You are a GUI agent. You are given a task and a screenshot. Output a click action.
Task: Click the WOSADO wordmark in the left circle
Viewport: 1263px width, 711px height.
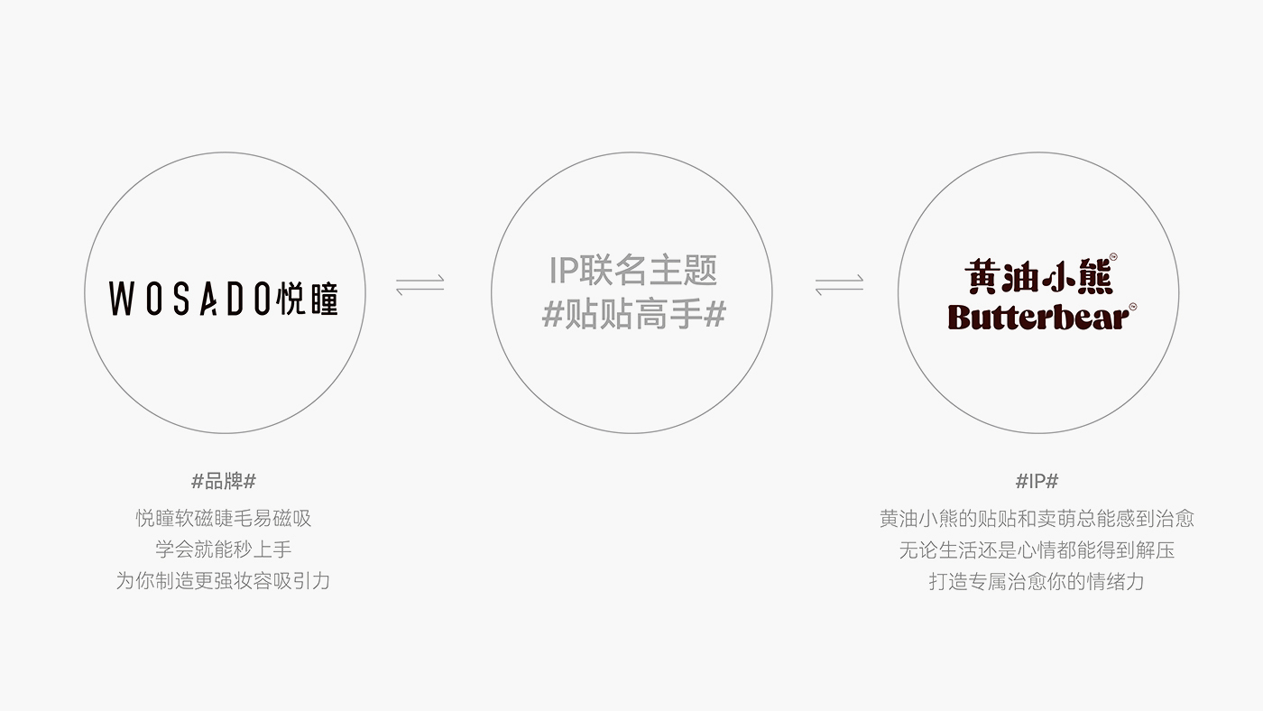(190, 299)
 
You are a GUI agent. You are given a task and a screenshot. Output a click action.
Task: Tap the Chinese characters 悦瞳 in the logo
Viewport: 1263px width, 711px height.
(308, 299)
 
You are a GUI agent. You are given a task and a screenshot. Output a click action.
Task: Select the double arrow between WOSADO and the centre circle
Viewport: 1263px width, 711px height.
(420, 285)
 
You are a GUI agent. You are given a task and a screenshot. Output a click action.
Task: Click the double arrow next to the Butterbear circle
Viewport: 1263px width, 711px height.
(839, 285)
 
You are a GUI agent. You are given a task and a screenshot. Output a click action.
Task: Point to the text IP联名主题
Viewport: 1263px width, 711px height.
(632, 270)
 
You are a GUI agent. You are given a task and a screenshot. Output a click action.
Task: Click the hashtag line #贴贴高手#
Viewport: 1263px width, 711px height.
(633, 314)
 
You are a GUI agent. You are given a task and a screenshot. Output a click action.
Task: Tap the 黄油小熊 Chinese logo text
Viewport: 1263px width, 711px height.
(1038, 276)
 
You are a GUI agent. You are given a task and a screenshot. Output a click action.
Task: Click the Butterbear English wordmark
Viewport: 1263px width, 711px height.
(1038, 317)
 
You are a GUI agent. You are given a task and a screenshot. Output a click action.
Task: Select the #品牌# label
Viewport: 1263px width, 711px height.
(224, 482)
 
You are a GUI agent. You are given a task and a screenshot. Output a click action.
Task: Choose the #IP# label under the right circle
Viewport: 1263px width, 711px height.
(1037, 482)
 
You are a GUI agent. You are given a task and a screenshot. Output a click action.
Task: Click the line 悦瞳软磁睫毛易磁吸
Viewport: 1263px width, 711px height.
(224, 518)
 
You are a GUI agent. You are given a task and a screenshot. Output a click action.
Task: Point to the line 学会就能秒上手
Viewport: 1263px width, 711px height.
(224, 549)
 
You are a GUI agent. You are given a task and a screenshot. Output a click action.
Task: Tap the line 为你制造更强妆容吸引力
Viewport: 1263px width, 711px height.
(224, 581)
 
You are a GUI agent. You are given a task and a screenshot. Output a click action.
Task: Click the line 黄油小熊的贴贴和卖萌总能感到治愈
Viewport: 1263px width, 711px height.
(1037, 518)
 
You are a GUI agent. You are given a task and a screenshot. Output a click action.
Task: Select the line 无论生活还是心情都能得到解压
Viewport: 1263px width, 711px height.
(1037, 549)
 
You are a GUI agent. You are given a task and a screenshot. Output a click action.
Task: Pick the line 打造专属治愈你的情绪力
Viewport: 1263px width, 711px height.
(1037, 581)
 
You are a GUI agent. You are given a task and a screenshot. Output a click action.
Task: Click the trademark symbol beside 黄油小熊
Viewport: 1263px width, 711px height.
(1113, 256)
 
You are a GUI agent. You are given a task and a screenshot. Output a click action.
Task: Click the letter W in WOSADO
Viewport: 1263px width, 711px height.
(121, 299)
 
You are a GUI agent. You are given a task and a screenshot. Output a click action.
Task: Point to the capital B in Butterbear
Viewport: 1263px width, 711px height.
(958, 317)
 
